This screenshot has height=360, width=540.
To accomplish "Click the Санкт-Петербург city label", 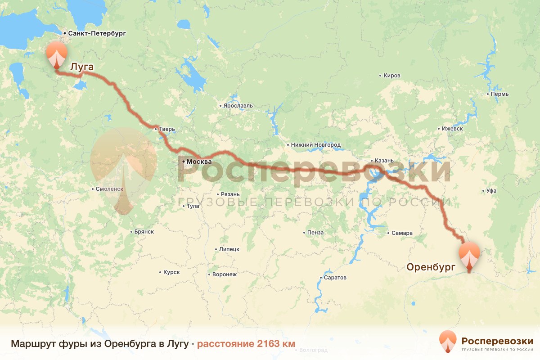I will click(97, 33).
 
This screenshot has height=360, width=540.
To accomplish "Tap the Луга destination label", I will click(82, 67).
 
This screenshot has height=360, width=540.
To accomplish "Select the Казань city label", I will click(384, 160).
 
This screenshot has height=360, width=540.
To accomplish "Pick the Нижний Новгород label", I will click(316, 145).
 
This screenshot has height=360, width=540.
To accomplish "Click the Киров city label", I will click(391, 76).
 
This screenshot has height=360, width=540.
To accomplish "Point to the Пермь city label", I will click(500, 94).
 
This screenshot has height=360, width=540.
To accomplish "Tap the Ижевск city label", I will click(452, 128).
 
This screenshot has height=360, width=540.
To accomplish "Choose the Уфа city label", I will click(491, 191).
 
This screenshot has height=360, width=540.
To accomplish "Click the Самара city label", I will click(402, 233).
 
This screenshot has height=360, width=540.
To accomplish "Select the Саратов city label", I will click(335, 278).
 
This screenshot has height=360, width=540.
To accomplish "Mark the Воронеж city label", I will click(224, 274).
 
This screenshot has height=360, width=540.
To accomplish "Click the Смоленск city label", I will click(109, 189).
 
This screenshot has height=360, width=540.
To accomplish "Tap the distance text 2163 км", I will click(246, 344).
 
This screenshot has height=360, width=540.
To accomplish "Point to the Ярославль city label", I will click(238, 106).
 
